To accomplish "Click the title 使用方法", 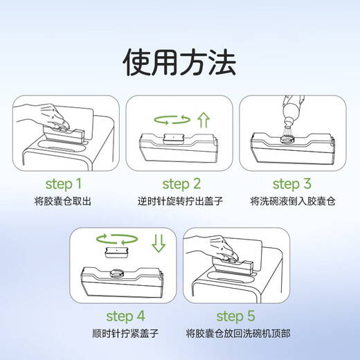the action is pyautogui.click(x=179, y=62).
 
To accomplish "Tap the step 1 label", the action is pyautogui.click(x=64, y=184).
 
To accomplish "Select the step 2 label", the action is pyautogui.click(x=181, y=184).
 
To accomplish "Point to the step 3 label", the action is pyautogui.click(x=292, y=184).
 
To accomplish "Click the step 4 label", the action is pyautogui.click(x=125, y=316).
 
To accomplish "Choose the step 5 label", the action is pyautogui.click(x=236, y=316).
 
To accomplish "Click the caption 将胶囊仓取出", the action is pyautogui.click(x=63, y=201).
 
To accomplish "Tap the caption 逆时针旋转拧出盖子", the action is pyautogui.click(x=180, y=201).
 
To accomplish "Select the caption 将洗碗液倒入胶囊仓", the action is pyautogui.click(x=293, y=201).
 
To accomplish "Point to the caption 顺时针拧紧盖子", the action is pyautogui.click(x=125, y=333).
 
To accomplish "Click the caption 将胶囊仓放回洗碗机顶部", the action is pyautogui.click(x=238, y=333).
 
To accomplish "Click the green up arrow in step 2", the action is pyautogui.click(x=204, y=120).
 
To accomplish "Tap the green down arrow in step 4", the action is pyautogui.click(x=159, y=244).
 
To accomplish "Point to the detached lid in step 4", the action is pyautogui.click(x=116, y=253).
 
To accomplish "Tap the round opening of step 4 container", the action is pyautogui.click(x=116, y=273).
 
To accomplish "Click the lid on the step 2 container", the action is pyautogui.click(x=173, y=139).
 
